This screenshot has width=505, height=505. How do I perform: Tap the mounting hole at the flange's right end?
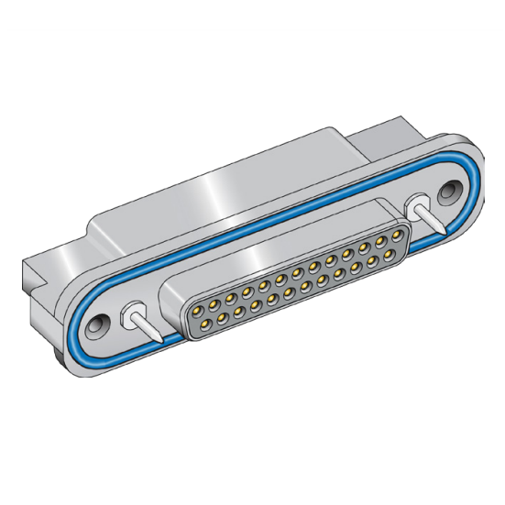(x=450, y=192)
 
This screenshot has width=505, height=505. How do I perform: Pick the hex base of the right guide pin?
(x=421, y=205)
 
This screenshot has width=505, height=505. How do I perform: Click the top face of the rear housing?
(x=229, y=192)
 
